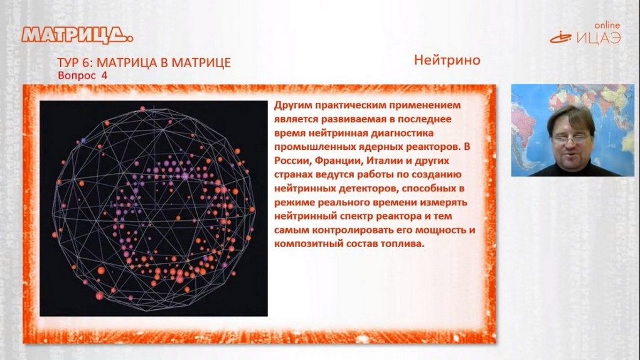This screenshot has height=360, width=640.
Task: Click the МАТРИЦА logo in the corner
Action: pyautogui.click(x=78, y=35)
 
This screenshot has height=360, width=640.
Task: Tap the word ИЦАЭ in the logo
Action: pyautogui.click(x=599, y=38)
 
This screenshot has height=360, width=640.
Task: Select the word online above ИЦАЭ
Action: pyautogui.click(x=607, y=25)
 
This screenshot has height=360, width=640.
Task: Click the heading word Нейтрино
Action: pyautogui.click(x=447, y=60)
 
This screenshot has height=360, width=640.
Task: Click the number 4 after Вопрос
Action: pyautogui.click(x=105, y=75)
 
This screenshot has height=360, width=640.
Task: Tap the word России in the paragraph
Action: pyautogui.click(x=291, y=161)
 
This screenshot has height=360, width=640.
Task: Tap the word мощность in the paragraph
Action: pyautogui.click(x=442, y=230)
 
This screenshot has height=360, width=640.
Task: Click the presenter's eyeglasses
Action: pyautogui.click(x=569, y=139)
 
